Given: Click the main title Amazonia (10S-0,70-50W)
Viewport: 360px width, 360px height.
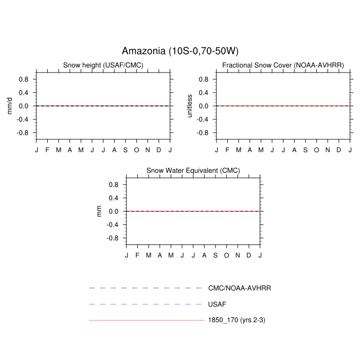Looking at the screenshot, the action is pyautogui.click(x=180, y=51).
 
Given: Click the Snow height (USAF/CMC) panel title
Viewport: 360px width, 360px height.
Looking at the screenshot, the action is pyautogui.click(x=103, y=65).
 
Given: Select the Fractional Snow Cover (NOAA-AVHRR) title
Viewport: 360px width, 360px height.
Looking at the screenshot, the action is pyautogui.click(x=283, y=65).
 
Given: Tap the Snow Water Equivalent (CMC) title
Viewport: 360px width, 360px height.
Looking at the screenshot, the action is pyautogui.click(x=193, y=171).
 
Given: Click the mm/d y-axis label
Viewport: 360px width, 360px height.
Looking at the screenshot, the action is pyautogui.click(x=9, y=106).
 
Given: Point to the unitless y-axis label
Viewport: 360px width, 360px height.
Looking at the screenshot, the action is pyautogui.click(x=189, y=106).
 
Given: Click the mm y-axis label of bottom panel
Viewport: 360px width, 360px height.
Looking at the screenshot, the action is pyautogui.click(x=99, y=211).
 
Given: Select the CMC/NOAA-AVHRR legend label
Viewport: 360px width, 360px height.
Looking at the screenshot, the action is pyautogui.click(x=240, y=288).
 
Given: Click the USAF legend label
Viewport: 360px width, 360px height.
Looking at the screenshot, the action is pyautogui.click(x=217, y=304).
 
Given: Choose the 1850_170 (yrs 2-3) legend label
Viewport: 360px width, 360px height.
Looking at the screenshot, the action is pyautogui.click(x=237, y=320).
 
